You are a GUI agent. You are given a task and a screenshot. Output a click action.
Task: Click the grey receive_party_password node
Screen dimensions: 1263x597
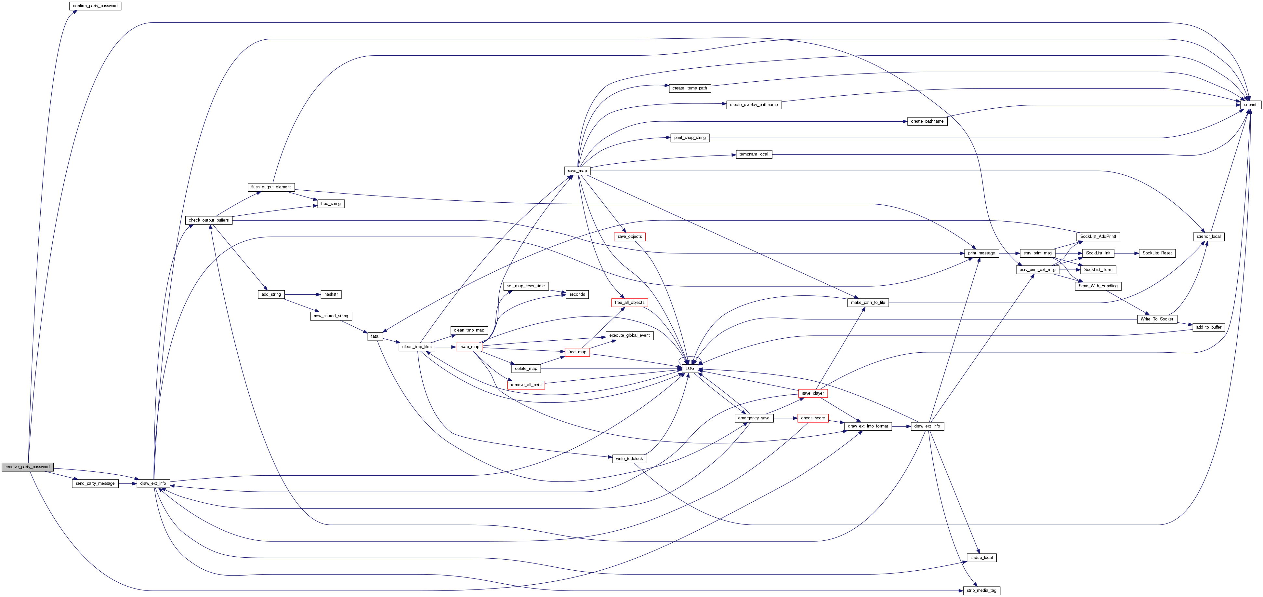point(27,467)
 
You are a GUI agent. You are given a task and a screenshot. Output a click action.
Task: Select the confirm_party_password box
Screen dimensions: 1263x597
point(95,6)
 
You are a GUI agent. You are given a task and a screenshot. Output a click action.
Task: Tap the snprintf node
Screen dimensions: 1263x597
point(1250,104)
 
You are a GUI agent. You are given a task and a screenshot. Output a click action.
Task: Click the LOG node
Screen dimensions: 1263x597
point(690,368)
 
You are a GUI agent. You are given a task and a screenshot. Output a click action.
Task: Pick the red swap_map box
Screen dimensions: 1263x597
point(469,347)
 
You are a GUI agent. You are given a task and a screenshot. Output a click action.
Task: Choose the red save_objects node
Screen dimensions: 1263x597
point(629,237)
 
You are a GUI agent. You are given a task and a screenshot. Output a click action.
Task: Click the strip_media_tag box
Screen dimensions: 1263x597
point(981,590)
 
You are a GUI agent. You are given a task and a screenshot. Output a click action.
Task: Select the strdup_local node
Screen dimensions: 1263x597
point(981,558)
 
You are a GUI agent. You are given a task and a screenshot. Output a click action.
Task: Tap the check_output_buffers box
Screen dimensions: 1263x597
point(209,220)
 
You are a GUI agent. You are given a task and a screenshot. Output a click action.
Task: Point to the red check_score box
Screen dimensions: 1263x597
point(813,418)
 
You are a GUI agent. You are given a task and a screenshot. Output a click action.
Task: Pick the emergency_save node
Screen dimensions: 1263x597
point(754,418)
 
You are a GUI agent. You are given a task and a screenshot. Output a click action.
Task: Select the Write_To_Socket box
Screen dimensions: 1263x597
point(1157,319)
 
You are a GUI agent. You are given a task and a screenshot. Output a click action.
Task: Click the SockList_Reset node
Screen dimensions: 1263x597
point(1157,253)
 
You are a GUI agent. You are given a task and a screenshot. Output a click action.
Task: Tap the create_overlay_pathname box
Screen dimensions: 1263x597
point(754,104)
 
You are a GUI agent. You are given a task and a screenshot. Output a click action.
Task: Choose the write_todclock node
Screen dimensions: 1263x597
point(629,459)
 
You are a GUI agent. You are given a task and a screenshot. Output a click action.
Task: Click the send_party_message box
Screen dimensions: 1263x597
point(95,483)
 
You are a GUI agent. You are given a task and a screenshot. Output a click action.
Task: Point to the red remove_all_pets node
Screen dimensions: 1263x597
point(526,385)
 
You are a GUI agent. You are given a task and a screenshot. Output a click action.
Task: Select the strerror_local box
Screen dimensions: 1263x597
point(1209,237)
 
